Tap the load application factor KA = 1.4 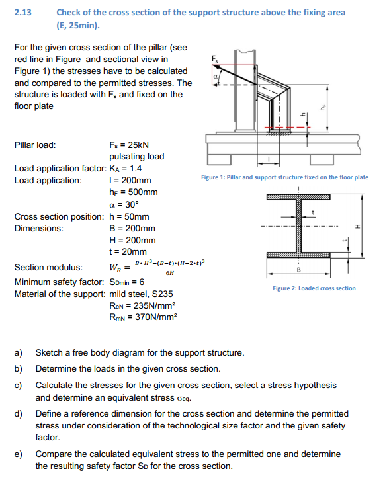tap(128, 169)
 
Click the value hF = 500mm tap(133, 192)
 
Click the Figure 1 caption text tap(284, 177)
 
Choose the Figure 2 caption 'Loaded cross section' tap(314, 288)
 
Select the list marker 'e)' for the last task tap(19, 454)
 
